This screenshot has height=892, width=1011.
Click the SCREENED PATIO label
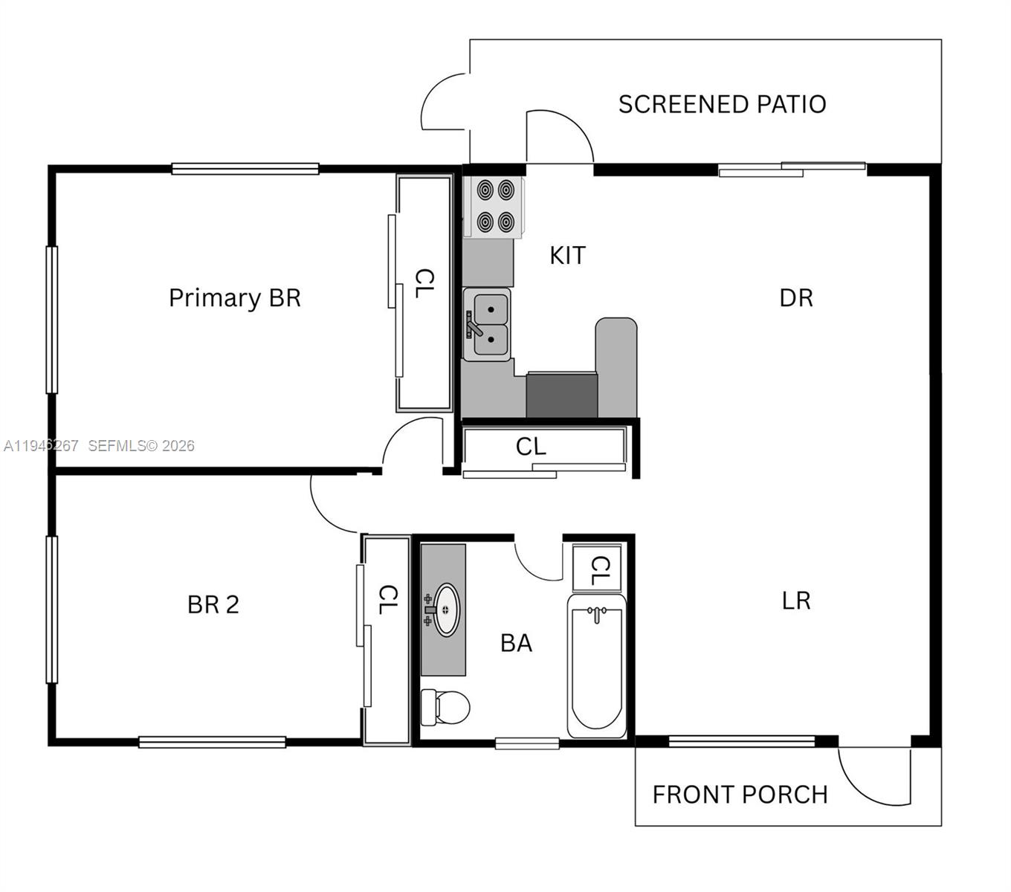tap(722, 104)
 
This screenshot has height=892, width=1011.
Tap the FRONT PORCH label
tap(740, 795)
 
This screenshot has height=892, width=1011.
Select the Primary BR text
tap(235, 298)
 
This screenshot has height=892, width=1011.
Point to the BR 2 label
tap(213, 605)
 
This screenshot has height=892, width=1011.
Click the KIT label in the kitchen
tap(567, 256)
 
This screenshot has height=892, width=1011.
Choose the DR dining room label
tap(796, 298)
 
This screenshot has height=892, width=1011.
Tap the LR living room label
tap(796, 601)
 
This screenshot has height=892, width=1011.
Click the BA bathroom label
tap(516, 643)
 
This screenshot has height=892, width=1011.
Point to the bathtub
tap(596, 665)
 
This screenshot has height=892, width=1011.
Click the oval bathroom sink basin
tap(446, 610)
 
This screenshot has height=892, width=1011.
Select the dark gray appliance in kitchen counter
tap(561, 395)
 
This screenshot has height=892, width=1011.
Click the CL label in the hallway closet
tap(531, 447)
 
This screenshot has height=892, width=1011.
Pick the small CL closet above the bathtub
tap(598, 569)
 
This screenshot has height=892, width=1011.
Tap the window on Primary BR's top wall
tap(245, 169)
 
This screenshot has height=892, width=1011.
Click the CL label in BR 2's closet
tap(387, 600)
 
